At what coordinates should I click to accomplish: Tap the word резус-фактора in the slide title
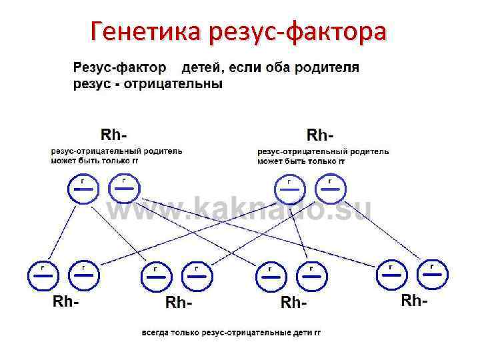pyautogui.click(x=297, y=31)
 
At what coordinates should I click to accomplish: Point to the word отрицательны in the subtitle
pyautogui.click(x=181, y=85)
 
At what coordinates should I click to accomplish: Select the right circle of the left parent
pyautogui.click(x=124, y=189)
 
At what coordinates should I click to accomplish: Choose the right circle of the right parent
pyautogui.click(x=330, y=189)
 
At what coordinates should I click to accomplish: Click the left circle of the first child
pyautogui.click(x=43, y=275)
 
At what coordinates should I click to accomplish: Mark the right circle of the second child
pyautogui.click(x=197, y=275)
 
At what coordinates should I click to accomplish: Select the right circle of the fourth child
pyautogui.click(x=432, y=273)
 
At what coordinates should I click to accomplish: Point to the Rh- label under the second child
pyautogui.click(x=179, y=303)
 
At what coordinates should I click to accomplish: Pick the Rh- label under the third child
pyautogui.click(x=295, y=303)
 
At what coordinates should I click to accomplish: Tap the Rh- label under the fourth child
pyautogui.click(x=415, y=301)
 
